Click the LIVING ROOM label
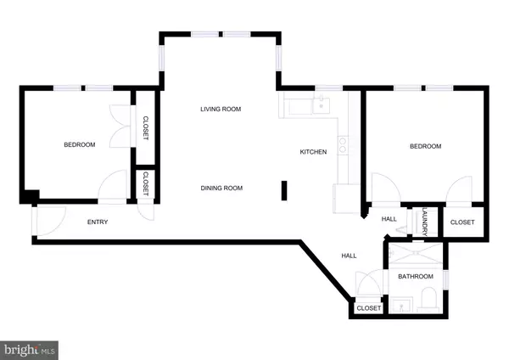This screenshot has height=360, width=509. [221, 109]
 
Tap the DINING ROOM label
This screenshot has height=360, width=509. [221, 188]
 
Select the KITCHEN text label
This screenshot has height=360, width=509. [313, 152]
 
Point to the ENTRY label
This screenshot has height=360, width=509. [98, 222]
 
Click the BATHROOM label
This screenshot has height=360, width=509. [416, 277]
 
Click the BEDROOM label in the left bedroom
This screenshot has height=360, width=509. [80, 145]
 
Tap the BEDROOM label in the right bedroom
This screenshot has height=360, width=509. [425, 146]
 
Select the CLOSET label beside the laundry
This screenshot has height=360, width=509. [462, 222]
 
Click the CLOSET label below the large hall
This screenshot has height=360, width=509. [368, 308]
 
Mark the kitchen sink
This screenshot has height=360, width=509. [320, 104]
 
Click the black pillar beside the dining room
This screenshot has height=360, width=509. [284, 191]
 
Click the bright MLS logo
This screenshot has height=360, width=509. [30, 348]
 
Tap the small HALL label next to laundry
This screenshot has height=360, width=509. [389, 218]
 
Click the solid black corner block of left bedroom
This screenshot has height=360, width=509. [30, 197]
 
